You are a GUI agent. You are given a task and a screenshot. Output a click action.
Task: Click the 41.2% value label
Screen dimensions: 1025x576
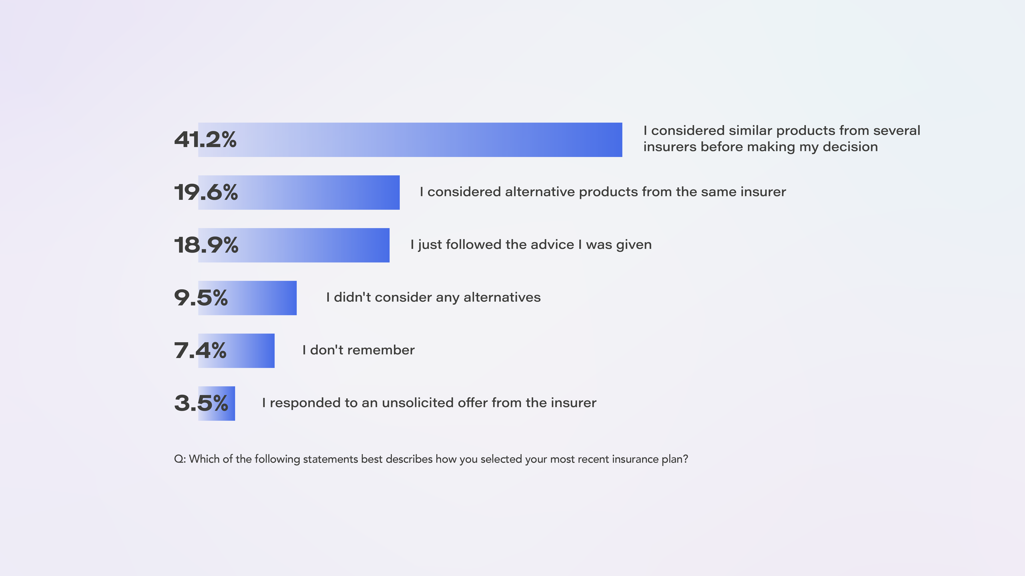click(205, 140)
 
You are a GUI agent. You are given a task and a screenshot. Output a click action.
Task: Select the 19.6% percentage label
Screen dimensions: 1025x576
click(206, 192)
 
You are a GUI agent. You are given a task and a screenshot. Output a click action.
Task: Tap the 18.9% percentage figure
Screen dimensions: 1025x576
click(206, 245)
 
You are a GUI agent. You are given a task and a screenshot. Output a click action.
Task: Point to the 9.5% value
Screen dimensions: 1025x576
click(201, 298)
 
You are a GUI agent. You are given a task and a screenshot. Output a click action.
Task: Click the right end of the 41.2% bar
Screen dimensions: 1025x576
click(622, 140)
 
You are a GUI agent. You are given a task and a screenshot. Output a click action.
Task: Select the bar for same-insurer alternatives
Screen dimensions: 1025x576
click(299, 192)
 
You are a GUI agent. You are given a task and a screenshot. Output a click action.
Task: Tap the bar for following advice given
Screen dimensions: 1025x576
click(294, 245)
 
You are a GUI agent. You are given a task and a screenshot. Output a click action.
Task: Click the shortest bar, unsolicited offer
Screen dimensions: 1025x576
click(216, 403)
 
